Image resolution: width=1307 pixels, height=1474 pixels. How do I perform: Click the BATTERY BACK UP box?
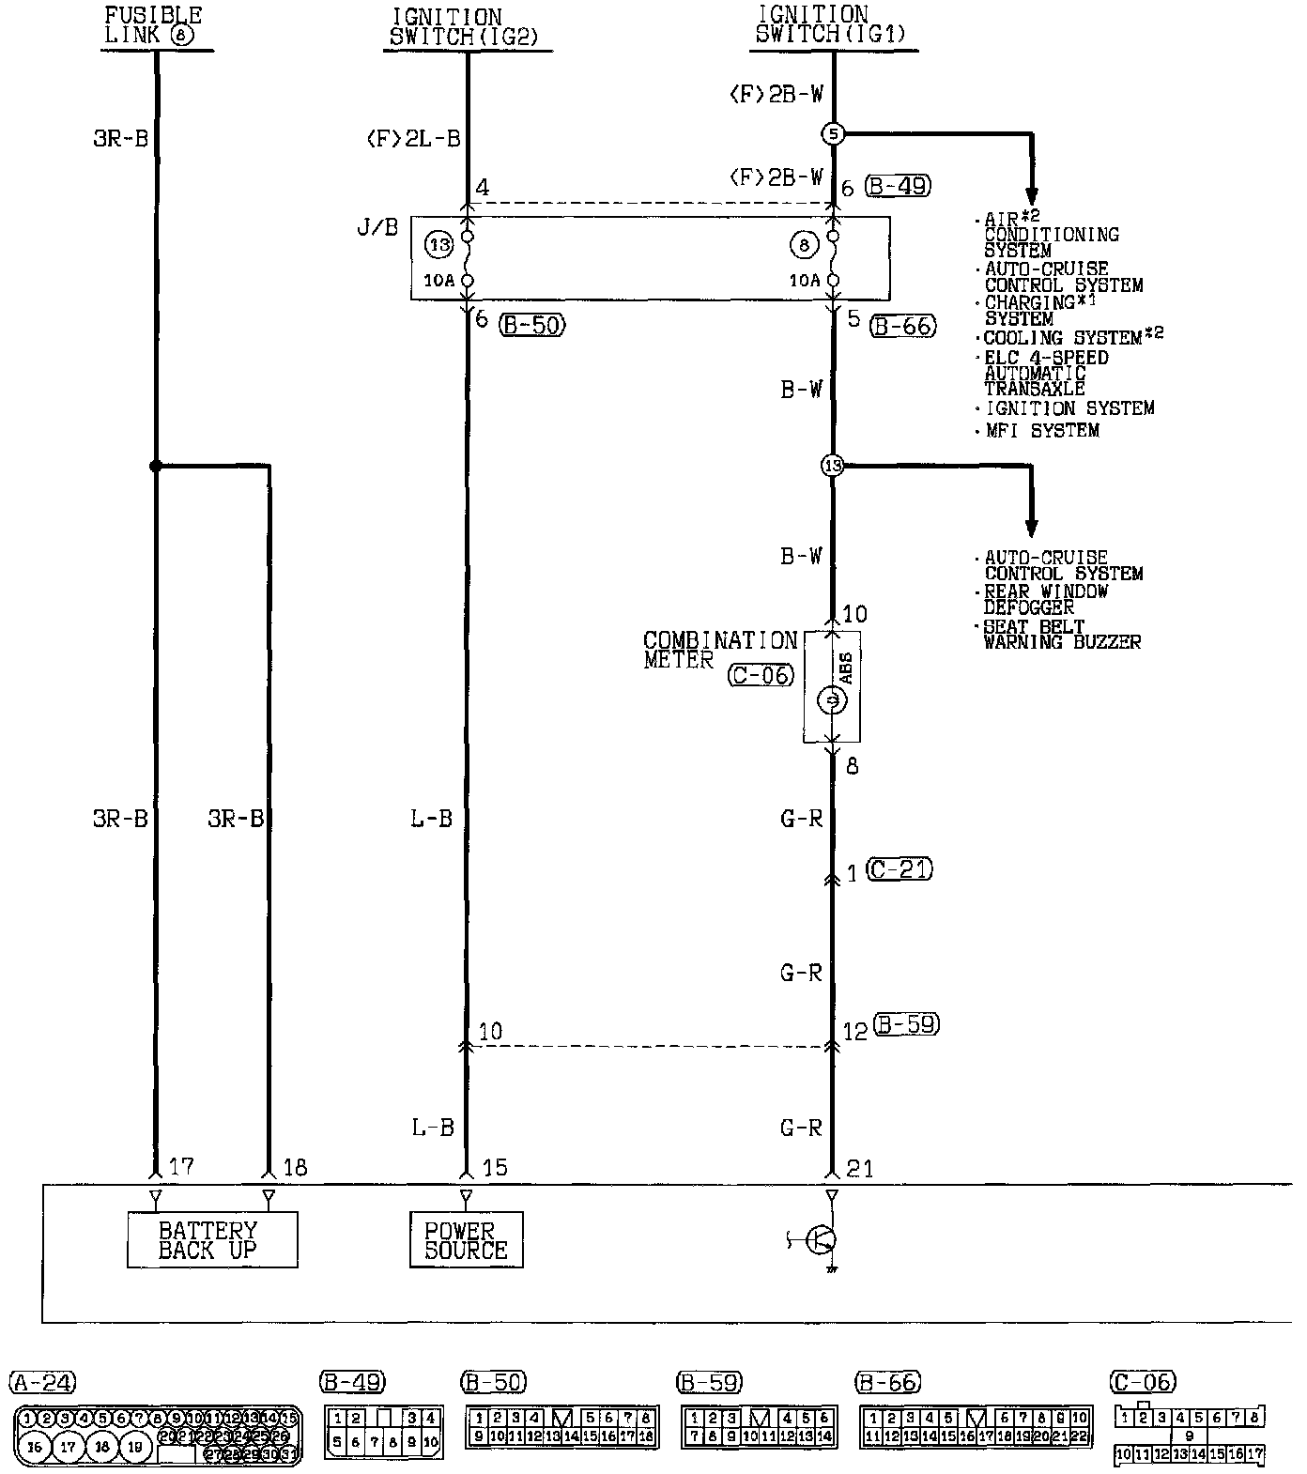click(212, 1239)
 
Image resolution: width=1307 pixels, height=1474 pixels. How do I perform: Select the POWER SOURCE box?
click(466, 1239)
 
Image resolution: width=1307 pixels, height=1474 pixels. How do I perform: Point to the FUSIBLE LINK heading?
click(153, 25)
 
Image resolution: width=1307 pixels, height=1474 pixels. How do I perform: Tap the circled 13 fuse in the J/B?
click(438, 245)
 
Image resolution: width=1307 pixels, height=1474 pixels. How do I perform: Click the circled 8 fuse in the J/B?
click(805, 246)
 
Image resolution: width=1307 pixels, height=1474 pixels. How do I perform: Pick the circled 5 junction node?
click(833, 134)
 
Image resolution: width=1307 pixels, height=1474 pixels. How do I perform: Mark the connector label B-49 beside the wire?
click(898, 186)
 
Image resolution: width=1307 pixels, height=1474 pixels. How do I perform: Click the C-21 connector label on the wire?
click(900, 870)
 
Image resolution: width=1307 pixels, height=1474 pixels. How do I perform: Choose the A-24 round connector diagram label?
click(42, 1382)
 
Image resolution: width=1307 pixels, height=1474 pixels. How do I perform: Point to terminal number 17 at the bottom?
click(180, 1167)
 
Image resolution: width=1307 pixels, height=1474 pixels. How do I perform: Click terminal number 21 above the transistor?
click(859, 1168)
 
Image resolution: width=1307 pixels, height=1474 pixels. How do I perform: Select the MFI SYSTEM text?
click(1042, 431)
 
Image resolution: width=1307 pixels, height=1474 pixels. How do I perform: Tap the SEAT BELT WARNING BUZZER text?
click(1061, 634)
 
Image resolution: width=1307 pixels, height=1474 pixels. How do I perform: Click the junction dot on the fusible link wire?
click(155, 466)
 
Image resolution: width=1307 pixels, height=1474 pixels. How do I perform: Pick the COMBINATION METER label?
click(719, 650)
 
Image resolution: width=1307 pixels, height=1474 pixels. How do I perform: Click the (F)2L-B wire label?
click(414, 140)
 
